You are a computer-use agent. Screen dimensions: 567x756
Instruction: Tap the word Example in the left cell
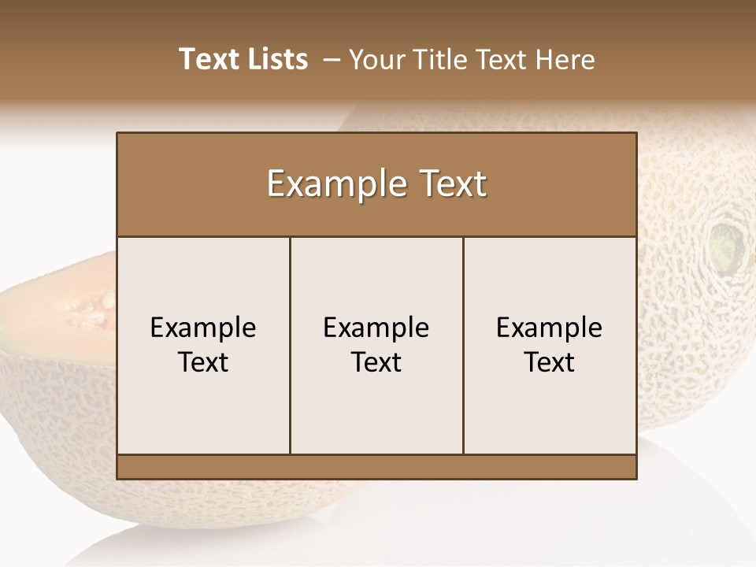tap(203, 328)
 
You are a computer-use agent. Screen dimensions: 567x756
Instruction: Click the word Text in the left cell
tap(203, 362)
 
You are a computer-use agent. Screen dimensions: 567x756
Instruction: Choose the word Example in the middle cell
tap(376, 328)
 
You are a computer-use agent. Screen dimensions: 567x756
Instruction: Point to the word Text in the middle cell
tap(376, 362)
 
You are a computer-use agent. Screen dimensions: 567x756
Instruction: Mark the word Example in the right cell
tap(550, 328)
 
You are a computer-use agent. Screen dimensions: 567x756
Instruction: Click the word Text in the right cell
tap(550, 362)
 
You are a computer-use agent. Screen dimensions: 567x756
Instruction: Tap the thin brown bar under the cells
tap(376, 466)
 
